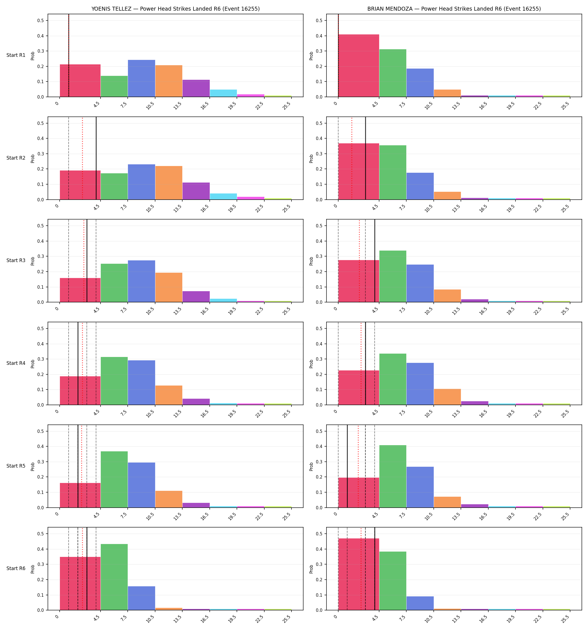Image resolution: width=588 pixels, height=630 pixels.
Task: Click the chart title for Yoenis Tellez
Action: [175, 9]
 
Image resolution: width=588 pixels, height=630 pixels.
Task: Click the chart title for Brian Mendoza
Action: [454, 9]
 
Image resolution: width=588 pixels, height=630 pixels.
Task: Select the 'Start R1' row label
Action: [16, 55]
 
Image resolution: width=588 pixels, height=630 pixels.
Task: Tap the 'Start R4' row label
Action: [16, 363]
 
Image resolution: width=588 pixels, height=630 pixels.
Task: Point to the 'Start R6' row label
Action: [16, 568]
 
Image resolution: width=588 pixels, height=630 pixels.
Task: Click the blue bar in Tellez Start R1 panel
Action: [141, 78]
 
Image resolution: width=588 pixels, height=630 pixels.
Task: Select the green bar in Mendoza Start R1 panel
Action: [393, 73]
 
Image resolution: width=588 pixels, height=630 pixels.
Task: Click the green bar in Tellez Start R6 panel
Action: [114, 577]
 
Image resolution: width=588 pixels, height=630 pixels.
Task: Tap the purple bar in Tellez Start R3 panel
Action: [196, 297]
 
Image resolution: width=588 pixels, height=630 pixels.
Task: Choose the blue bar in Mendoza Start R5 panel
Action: [420, 487]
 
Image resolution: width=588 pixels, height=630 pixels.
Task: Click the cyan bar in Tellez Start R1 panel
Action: [223, 93]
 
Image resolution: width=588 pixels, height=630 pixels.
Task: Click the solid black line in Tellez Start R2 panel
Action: [96, 158]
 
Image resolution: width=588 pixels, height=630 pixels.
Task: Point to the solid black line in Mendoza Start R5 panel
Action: [347, 466]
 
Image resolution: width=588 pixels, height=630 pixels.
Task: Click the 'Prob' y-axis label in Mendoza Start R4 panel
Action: [311, 364]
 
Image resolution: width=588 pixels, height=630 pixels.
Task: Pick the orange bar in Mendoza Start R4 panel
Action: [447, 397]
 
